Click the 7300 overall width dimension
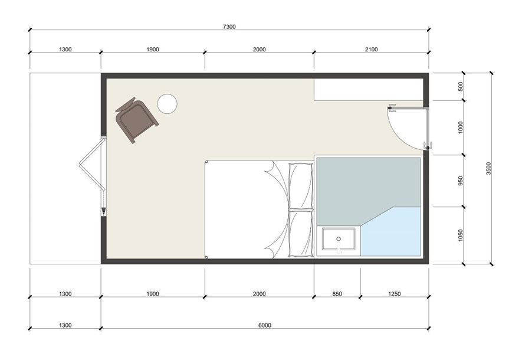tap(229, 27)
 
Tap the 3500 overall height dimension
tap(489, 168)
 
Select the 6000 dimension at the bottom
tap(265, 325)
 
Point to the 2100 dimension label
tap(372, 50)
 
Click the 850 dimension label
tap(337, 294)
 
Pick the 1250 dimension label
tap(395, 294)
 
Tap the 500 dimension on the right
tap(460, 86)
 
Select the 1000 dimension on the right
tap(460, 127)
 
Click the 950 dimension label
tap(460, 181)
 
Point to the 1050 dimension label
tap(460, 235)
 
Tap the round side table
tap(167, 104)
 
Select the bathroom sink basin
tap(339, 239)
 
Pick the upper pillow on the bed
tap(301, 185)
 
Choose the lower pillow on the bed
tap(301, 233)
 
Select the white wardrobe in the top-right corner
tap(369, 90)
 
